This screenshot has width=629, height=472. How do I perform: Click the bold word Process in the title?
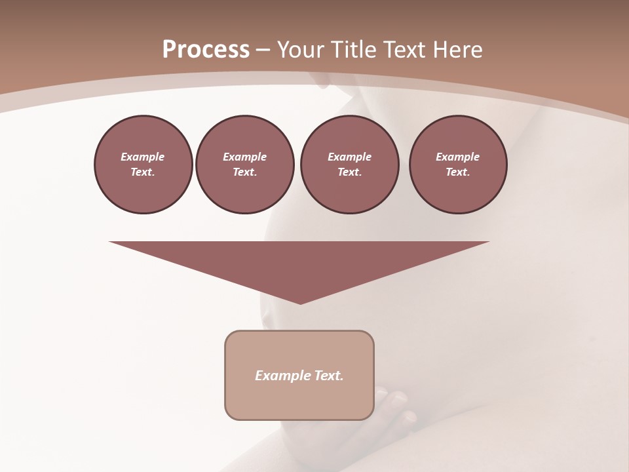pyautogui.click(x=206, y=50)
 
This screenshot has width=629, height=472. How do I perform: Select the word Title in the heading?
pyautogui.click(x=356, y=50)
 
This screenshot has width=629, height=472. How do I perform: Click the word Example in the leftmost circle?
pyautogui.click(x=143, y=157)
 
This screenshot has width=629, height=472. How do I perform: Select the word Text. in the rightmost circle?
pyautogui.click(x=458, y=172)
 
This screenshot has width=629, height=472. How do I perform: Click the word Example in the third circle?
pyautogui.click(x=349, y=157)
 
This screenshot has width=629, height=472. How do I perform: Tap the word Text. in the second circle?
pyautogui.click(x=244, y=172)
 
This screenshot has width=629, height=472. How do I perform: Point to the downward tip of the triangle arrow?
pyautogui.click(x=300, y=302)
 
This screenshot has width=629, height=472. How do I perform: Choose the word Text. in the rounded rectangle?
pyautogui.click(x=329, y=376)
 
